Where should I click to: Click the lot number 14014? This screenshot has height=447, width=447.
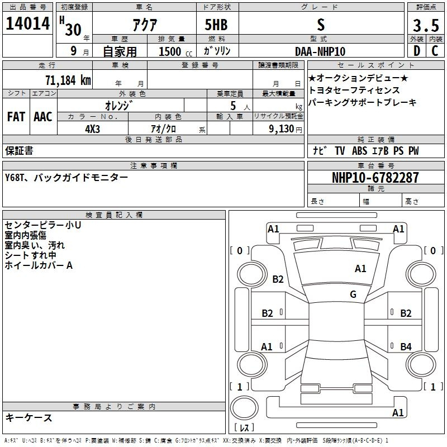click(27, 23)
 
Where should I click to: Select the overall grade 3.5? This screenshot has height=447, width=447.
click(426, 25)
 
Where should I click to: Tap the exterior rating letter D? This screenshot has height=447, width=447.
click(417, 51)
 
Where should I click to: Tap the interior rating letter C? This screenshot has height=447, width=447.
click(435, 51)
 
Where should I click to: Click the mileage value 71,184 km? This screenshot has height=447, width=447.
click(68, 80)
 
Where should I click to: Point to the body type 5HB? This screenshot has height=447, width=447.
click(216, 25)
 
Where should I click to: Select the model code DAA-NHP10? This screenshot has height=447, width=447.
click(320, 51)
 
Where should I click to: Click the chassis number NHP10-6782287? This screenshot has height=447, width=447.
click(375, 178)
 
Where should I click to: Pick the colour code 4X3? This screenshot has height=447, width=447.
click(92, 129)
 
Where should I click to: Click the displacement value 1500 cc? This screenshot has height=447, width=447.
click(175, 51)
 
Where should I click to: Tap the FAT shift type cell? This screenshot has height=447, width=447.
click(16, 117)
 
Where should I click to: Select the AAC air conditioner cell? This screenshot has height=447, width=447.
click(43, 117)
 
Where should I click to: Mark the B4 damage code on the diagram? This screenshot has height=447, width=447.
click(406, 346)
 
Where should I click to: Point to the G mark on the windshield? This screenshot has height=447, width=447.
click(353, 294)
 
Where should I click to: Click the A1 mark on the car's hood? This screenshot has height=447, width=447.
click(360, 269)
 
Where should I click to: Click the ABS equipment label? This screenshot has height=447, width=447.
click(359, 151)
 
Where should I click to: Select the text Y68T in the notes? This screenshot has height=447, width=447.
click(15, 178)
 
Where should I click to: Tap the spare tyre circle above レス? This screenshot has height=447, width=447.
click(244, 408)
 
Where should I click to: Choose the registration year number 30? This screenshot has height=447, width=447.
click(73, 30)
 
